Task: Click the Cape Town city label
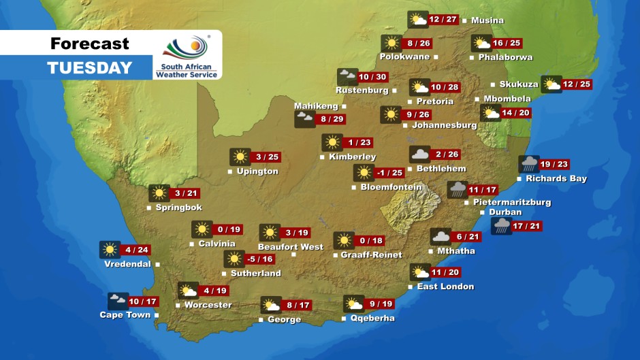tap(125, 315)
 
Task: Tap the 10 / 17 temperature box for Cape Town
tap(142, 301)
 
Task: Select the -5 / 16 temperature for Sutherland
tap(260, 259)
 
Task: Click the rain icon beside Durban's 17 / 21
tap(502, 226)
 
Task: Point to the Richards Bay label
tap(556, 179)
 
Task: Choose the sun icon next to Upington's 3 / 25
tap(240, 157)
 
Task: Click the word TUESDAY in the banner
tap(89, 68)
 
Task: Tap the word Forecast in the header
tap(89, 44)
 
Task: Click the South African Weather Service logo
tap(187, 56)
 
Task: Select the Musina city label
tap(487, 20)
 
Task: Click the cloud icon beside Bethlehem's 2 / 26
tap(419, 155)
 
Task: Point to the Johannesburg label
tap(445, 125)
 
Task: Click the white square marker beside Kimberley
tap(321, 157)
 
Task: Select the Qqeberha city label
tap(372, 318)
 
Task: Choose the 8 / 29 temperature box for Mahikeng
tap(330, 119)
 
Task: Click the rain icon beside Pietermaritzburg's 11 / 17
tap(457, 190)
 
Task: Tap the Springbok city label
tap(178, 208)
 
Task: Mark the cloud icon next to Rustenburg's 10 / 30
tap(347, 77)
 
